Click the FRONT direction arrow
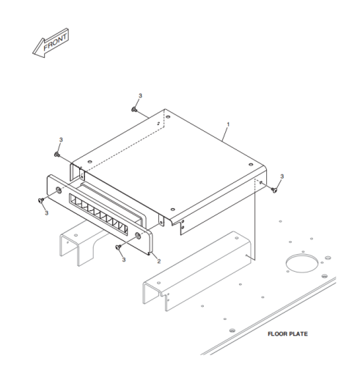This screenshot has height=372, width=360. click(x=51, y=43)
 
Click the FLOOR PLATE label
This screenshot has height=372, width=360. click(x=287, y=334)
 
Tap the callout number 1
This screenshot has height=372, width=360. click(x=228, y=124)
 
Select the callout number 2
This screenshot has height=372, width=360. click(x=159, y=261)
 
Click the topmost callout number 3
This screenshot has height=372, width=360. click(x=140, y=96)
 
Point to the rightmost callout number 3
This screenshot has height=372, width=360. click(x=282, y=176)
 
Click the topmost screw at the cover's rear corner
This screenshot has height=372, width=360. click(x=134, y=110)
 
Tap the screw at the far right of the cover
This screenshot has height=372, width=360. click(x=274, y=190)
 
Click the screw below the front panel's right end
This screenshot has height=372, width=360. click(x=118, y=248)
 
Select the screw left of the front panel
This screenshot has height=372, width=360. click(x=40, y=200)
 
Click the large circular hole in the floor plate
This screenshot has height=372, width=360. click(x=302, y=263)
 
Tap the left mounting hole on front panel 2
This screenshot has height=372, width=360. click(x=59, y=190)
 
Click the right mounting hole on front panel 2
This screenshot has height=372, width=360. click(x=138, y=236)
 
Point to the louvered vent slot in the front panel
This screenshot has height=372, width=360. click(x=98, y=215)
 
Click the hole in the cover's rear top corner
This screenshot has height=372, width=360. click(x=168, y=117)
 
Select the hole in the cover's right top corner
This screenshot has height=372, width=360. click(x=251, y=165)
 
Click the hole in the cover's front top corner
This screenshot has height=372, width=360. click(x=173, y=209)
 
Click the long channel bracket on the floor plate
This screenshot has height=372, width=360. click(x=197, y=271)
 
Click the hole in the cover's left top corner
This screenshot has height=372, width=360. click(x=90, y=162)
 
